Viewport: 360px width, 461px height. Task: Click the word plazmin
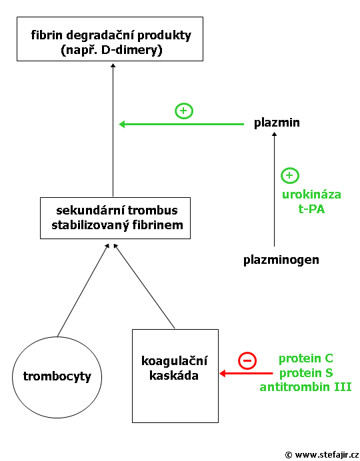tap(277, 123)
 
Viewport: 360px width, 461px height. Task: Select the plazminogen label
tap(281, 260)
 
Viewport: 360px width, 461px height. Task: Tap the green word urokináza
tap(311, 195)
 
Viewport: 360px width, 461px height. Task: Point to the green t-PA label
tap(311, 209)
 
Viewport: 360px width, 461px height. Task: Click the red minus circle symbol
tap(247, 360)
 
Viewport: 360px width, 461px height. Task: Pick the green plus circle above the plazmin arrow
tap(184, 111)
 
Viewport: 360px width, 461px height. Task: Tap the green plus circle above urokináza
tap(290, 175)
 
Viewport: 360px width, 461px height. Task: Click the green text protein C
tap(305, 358)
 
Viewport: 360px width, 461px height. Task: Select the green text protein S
tap(306, 373)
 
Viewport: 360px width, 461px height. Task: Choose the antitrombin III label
tap(305, 387)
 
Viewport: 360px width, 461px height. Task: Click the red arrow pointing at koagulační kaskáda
tap(246, 373)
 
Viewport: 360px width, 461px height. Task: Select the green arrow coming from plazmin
tap(181, 125)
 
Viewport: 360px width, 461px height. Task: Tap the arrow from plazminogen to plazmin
tap(275, 189)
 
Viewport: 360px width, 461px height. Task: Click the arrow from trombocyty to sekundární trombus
tap(83, 290)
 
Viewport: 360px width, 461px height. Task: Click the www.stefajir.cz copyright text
tap(323, 455)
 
